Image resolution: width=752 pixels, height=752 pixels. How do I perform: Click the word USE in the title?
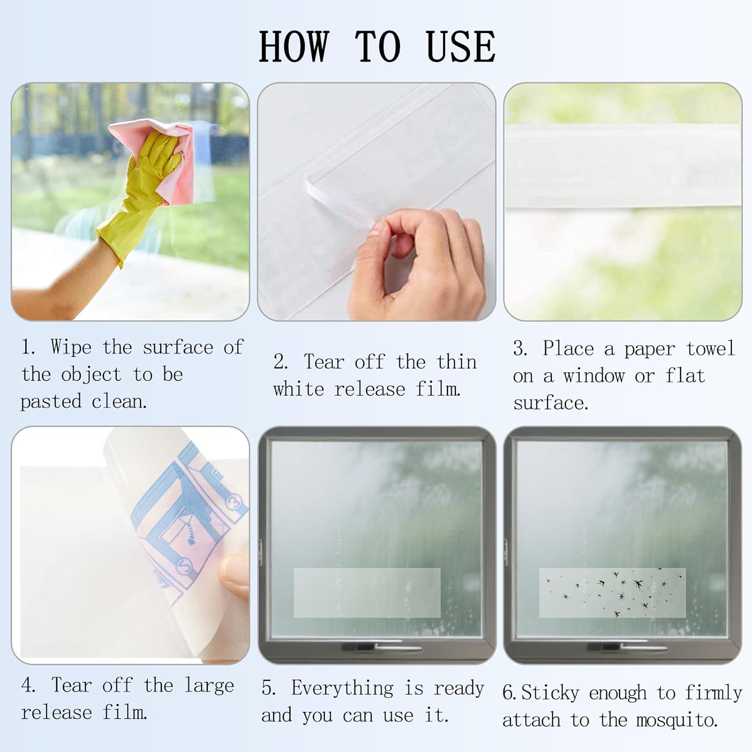point(460,47)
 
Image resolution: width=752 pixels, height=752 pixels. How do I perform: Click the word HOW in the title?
point(294,47)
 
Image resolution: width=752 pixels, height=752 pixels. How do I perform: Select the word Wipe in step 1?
point(71,347)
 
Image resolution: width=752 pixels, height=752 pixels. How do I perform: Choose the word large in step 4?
point(209,685)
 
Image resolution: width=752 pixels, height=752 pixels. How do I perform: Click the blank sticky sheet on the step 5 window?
point(367,593)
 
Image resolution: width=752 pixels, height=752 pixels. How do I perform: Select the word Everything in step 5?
point(342,688)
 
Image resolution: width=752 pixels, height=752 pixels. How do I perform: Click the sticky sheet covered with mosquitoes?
point(612,593)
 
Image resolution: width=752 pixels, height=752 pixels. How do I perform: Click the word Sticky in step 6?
point(550,693)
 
